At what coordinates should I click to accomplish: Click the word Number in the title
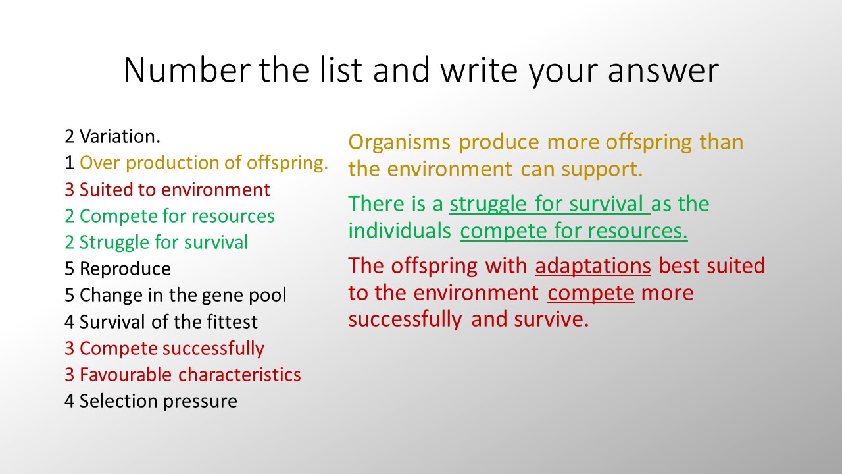click(x=187, y=70)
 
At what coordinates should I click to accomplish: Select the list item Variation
click(x=120, y=136)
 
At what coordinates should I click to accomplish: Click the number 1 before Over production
click(x=69, y=163)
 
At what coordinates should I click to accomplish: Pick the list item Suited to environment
click(x=175, y=189)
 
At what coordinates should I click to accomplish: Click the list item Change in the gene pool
click(x=183, y=296)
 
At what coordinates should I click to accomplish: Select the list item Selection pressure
click(x=159, y=402)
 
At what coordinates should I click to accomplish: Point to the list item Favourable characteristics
click(x=190, y=375)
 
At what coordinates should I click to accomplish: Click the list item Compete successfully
click(x=172, y=349)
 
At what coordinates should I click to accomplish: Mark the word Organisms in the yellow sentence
click(x=399, y=143)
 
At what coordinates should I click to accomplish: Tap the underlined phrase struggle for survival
click(x=549, y=205)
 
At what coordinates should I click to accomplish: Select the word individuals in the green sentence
click(x=399, y=230)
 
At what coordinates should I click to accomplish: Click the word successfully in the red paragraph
click(x=405, y=320)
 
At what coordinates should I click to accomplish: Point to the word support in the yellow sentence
click(x=602, y=170)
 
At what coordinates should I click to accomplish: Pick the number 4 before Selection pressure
click(x=69, y=401)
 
